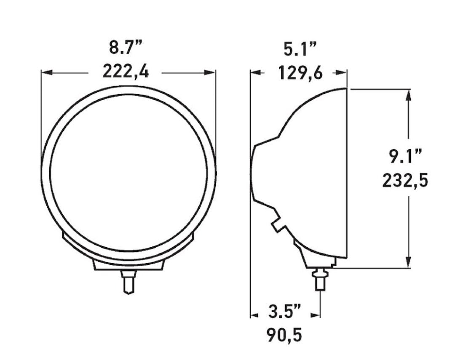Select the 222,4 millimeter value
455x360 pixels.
click(125, 72)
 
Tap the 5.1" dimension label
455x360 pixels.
click(300, 49)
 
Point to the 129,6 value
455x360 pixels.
click(300, 73)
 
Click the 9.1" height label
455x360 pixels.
click(405, 156)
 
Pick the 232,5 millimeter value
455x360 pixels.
click(405, 181)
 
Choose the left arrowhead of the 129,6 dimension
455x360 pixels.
click(255, 72)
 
